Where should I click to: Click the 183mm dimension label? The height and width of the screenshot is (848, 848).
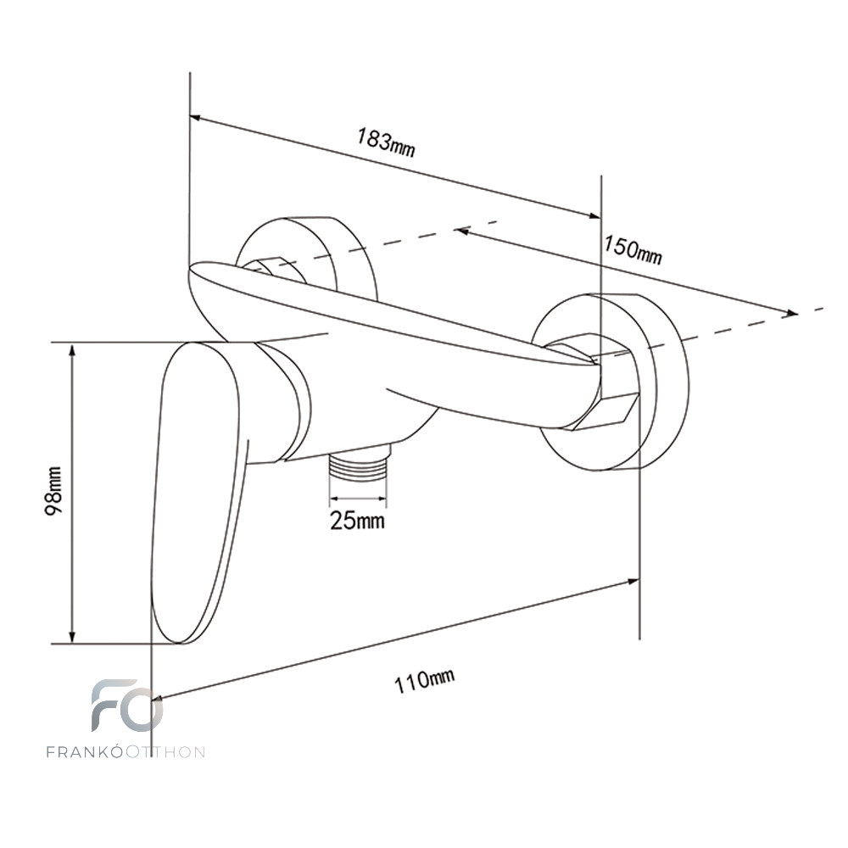tap(386, 142)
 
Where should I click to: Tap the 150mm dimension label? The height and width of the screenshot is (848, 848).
tap(633, 250)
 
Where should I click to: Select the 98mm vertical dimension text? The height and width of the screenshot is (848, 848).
tap(53, 491)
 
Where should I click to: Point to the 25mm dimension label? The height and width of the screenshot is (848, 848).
tap(358, 521)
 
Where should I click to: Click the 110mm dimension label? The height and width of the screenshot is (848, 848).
tap(424, 681)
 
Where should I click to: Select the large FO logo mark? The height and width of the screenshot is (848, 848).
tap(127, 706)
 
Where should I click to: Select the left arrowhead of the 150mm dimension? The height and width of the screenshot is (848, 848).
tap(463, 231)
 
